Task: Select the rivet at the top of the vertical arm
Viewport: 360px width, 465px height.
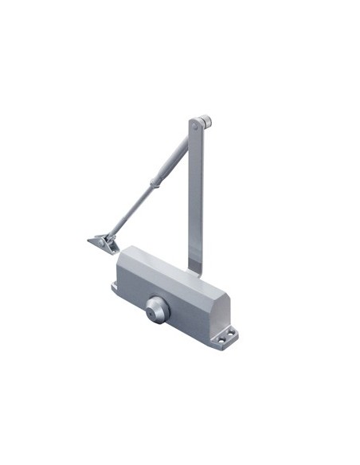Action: [195, 123]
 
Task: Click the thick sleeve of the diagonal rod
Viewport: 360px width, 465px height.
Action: [168, 163]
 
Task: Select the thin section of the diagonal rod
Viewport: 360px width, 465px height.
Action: [131, 208]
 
